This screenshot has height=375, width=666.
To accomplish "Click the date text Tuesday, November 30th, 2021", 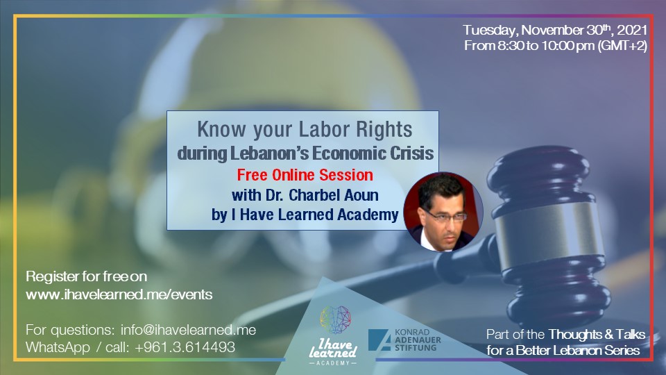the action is coord(555,30).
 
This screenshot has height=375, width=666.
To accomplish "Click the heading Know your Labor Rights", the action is coord(305,129).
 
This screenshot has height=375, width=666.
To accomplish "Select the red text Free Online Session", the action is coord(305,175).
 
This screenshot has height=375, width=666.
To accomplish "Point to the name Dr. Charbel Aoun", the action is coord(322,195).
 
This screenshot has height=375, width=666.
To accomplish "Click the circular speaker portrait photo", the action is coord(443,212).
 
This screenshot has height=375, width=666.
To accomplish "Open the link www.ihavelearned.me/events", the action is coord(119,294).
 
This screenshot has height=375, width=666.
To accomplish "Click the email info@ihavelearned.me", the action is coord(188,330).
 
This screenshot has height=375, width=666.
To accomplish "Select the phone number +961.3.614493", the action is coord(185,347).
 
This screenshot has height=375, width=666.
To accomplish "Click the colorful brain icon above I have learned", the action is coord(336,319).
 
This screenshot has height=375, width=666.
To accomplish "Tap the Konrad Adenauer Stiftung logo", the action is coord(404,340).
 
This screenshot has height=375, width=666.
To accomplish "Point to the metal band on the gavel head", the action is coord(549,234).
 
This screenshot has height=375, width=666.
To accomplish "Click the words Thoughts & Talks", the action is coord(597,335).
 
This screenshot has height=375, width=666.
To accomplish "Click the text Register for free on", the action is coord(86,277).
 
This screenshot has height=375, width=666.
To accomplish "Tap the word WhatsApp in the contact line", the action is coord(58,347).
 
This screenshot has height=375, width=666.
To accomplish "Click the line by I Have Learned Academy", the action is coord(305,215).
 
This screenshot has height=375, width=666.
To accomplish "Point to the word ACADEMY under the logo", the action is coord(334,363).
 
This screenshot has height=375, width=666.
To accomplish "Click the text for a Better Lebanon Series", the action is coord(563,350).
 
